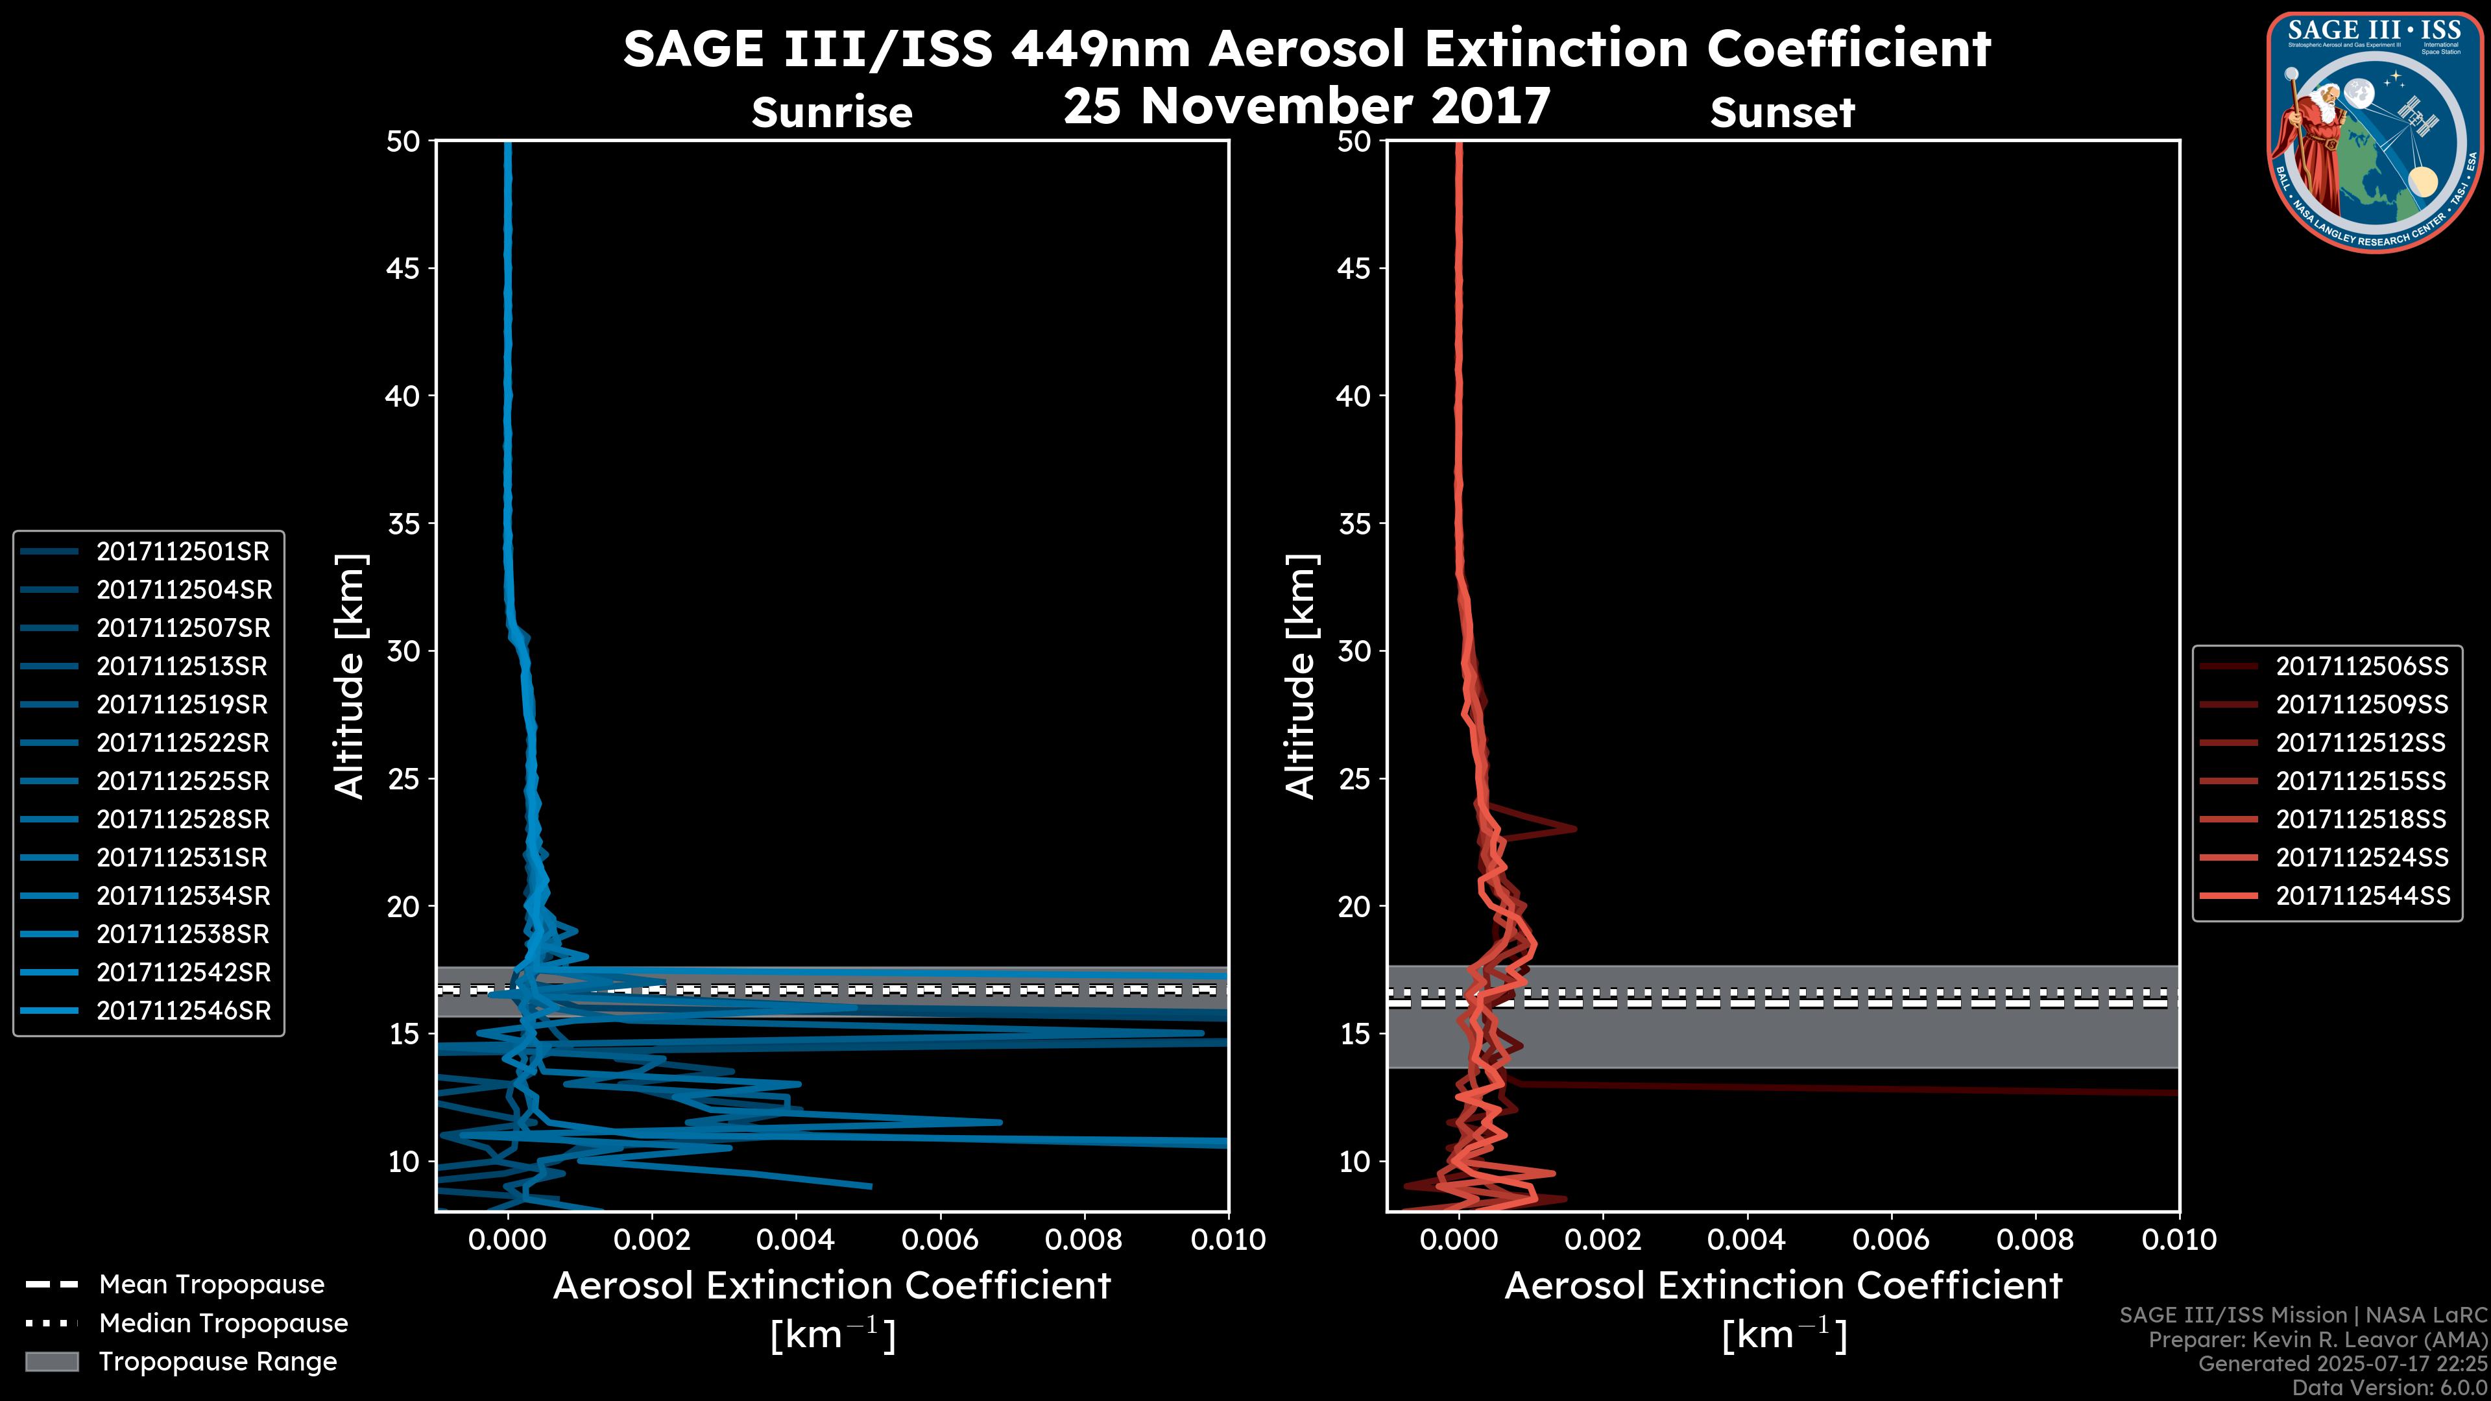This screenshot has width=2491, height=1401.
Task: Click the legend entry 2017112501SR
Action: click(183, 552)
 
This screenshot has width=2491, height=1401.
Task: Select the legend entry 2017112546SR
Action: click(183, 1011)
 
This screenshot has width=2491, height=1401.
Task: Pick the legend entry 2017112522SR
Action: click(183, 743)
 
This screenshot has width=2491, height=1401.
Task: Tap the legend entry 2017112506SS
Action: click(2361, 666)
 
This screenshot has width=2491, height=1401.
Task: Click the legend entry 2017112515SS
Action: click(2361, 781)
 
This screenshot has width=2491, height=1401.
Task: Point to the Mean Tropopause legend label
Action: click(211, 1285)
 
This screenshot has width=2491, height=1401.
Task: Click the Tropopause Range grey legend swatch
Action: click(51, 1362)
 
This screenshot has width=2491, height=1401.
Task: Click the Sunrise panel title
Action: click(832, 113)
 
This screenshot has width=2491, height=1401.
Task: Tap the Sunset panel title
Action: click(1782, 113)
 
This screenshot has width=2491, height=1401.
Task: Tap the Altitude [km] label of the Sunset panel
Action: click(1301, 677)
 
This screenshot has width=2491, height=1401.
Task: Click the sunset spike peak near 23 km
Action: click(1574, 829)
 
